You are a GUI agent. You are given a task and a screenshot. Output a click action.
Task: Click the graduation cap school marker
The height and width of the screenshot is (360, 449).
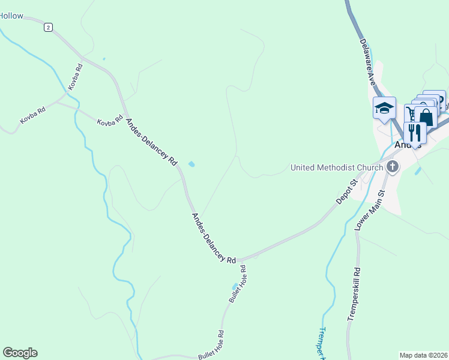[384, 109]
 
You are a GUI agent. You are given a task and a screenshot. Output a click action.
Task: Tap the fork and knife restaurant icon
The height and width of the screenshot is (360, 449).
[415, 131]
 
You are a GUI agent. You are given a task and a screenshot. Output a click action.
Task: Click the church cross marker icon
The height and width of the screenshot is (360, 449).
[393, 167]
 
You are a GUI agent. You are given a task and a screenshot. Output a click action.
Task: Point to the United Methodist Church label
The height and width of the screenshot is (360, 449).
[336, 167]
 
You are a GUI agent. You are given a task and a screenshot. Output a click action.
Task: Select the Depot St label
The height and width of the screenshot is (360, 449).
[347, 190]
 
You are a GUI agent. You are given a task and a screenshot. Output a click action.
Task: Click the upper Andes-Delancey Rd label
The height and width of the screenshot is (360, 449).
[152, 142]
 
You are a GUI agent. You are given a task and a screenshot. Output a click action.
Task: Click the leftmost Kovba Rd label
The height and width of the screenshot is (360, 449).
[33, 116]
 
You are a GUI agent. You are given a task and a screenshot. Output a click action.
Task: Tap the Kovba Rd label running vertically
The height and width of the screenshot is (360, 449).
[75, 77]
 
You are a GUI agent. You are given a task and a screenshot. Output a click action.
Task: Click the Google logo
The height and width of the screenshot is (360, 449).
[20, 353]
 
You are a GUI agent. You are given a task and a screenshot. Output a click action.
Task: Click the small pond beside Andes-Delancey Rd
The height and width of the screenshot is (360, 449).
[191, 164]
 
